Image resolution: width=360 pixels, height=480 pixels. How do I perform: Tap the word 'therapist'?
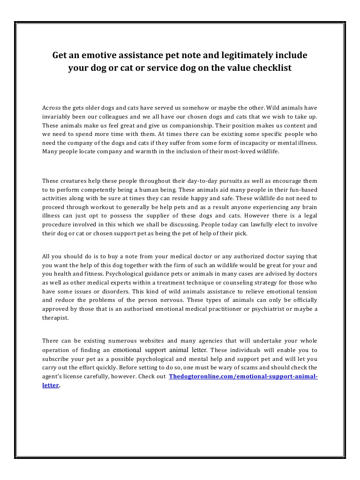tap(56, 317)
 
